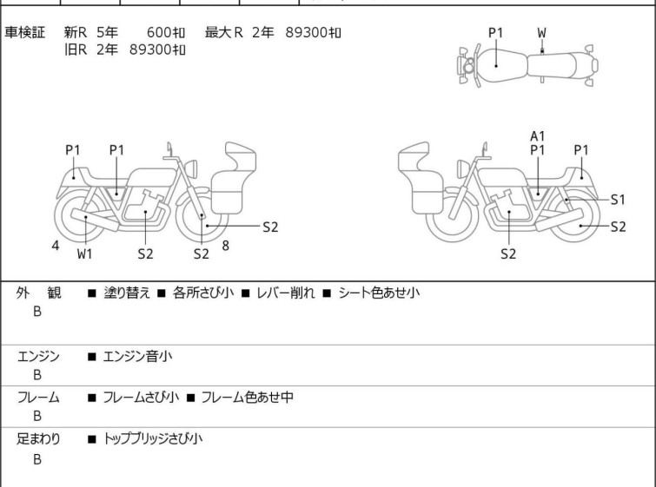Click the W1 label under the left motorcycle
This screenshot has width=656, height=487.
coord(84,253)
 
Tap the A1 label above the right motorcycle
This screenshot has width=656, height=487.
coord(538,136)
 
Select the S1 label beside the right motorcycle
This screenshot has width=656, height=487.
coord(618,200)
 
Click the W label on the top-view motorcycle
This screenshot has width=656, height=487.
coord(542,33)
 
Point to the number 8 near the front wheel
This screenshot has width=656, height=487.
coord(226,246)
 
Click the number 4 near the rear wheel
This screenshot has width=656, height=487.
coord(56,246)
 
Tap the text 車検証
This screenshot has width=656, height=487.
coord(24,32)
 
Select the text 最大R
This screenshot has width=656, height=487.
coord(224,32)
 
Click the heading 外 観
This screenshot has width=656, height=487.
coord(38,293)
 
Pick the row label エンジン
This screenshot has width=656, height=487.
coord(38,357)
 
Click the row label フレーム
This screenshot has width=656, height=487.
coord(38,398)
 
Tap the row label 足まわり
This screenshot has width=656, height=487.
coord(38,439)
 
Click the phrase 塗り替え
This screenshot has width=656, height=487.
coord(127,293)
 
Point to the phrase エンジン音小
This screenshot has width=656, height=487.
coord(137,357)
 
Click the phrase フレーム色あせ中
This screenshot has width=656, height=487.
coord(248,397)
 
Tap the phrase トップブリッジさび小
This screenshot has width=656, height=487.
coord(153,439)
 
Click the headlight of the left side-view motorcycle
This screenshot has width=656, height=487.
coord(191,168)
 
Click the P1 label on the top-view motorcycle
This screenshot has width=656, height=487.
coord(496,33)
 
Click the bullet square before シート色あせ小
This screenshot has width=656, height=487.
coord(327,293)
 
